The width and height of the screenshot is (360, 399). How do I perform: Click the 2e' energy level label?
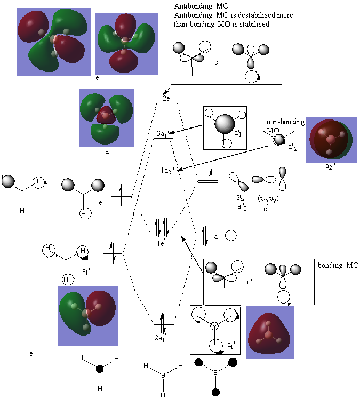tap(167, 98)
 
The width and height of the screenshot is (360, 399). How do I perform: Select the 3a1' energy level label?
tap(163, 133)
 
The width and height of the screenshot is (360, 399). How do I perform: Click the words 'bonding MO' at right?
tap(338, 265)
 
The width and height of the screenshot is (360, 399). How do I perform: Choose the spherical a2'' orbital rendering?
tap(331, 140)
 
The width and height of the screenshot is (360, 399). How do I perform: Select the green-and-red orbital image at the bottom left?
tap(87, 315)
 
